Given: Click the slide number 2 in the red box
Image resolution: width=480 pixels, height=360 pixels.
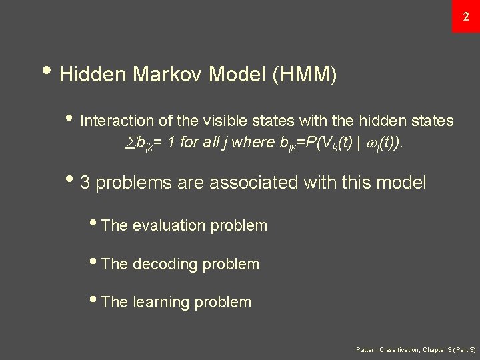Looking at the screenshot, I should tap(465, 16).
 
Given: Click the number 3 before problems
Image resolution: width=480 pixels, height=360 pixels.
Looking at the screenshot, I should tap(85, 182).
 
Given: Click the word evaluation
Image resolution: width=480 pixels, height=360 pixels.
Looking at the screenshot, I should tap(170, 225).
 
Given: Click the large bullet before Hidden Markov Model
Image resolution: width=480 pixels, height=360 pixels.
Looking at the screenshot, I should tap(52, 73).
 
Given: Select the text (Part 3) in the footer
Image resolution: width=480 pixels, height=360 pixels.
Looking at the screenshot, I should tap(462, 349).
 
